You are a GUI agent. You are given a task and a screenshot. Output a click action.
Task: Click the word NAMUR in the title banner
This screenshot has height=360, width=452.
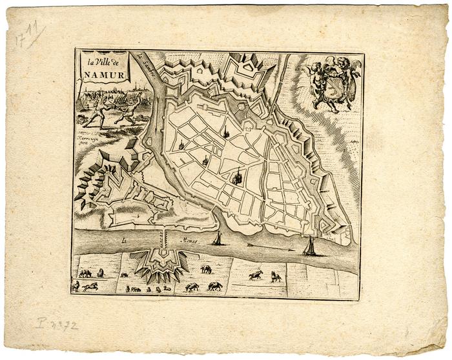coord(101,74)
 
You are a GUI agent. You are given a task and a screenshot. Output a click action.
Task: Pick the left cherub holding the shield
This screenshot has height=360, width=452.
coord(314,80)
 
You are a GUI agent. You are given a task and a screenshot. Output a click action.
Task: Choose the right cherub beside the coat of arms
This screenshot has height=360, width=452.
coord(349,77)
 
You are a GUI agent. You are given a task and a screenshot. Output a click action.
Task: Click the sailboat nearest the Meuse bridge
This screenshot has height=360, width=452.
coord(218,239)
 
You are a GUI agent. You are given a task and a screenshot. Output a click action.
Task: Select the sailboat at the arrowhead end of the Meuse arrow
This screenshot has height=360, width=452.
coord(311,246)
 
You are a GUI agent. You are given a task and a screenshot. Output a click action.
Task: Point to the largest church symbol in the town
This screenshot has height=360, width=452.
coord(237,175)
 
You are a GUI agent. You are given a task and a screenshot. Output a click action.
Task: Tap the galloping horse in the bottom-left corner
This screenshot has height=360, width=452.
coord(90,286)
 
